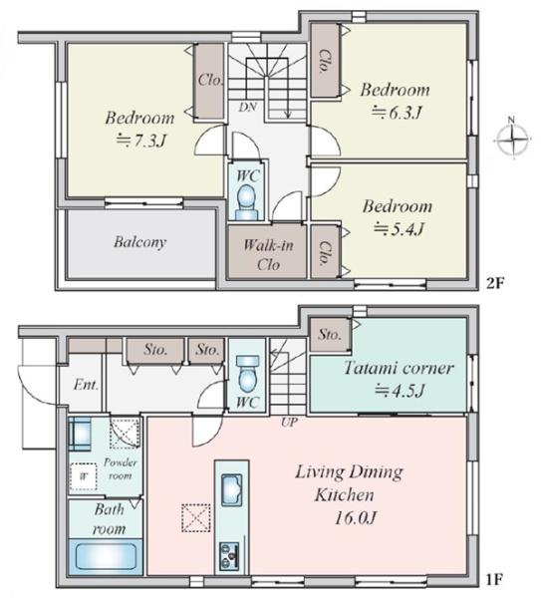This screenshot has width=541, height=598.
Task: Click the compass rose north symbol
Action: (513, 139)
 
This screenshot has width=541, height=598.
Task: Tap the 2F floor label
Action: (495, 283)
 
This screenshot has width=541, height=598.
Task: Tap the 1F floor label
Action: (494, 580)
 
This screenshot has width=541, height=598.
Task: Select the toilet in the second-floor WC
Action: (246, 202)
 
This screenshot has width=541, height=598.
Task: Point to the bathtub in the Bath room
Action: (106, 556)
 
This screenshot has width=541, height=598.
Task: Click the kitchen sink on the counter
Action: (232, 490)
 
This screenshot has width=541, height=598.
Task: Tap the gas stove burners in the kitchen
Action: (229, 556)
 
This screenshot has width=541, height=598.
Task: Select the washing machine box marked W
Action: (83, 476)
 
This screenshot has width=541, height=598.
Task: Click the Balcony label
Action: (139, 242)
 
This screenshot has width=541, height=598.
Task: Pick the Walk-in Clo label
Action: (268, 254)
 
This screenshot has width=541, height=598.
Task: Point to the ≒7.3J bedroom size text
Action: (141, 141)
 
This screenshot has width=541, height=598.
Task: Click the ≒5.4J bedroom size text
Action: (399, 228)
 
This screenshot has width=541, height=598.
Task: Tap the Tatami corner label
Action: (399, 368)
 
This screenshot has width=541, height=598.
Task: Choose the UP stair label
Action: (289, 423)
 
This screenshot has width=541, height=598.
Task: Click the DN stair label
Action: (247, 108)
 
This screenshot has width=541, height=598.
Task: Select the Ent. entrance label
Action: (86, 385)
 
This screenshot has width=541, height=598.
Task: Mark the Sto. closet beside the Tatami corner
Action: (330, 335)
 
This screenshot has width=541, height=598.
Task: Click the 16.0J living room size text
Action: (356, 518)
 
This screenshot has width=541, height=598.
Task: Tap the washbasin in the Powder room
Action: (80, 434)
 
